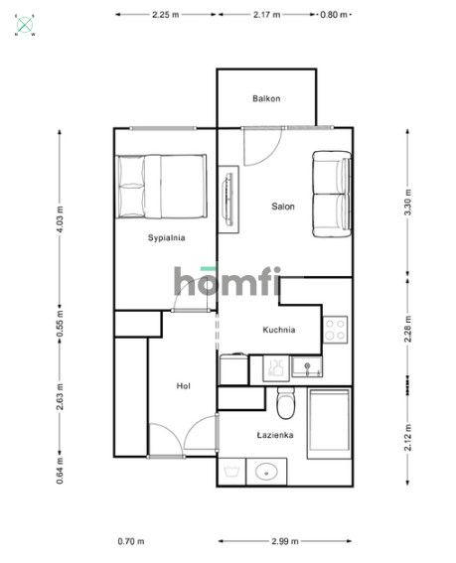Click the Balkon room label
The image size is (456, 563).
pyautogui.click(x=266, y=98)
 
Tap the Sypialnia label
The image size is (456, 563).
pyautogui.click(x=167, y=237)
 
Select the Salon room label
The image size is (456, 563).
pyautogui.click(x=283, y=207)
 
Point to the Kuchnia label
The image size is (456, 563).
pyautogui.click(x=278, y=330)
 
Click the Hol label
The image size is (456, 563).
pyautogui.click(x=183, y=385)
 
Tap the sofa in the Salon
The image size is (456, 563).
pyautogui.click(x=331, y=195)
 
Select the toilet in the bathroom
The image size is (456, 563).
pyautogui.click(x=286, y=406)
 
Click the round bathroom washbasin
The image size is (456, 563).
pyautogui.click(x=266, y=473)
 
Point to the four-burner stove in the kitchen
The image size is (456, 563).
pyautogui.click(x=336, y=327)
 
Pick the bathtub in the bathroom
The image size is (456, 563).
pyautogui.click(x=329, y=423)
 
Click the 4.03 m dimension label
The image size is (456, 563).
pyautogui.click(x=61, y=217)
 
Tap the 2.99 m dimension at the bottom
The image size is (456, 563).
pyautogui.click(x=282, y=541)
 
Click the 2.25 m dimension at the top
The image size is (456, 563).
pyautogui.click(x=166, y=15)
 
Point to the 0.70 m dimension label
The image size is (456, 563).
pyautogui.click(x=130, y=541)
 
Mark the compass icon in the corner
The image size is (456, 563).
pyautogui.click(x=25, y=24)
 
